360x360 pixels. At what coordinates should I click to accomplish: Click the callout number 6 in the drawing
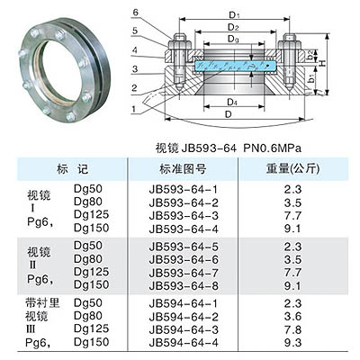pos(135,13)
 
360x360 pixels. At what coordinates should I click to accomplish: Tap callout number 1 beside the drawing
pos(134,109)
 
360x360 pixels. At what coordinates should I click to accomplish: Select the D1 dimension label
pos(234,14)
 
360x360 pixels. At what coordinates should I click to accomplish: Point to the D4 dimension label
pos(232,102)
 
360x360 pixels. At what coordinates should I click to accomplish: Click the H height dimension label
pos(322,63)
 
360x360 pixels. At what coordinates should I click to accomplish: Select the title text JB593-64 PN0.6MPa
pos(229,148)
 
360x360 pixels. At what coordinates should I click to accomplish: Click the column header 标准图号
pos(183,169)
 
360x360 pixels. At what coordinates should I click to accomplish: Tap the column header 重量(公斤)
pos(293,169)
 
